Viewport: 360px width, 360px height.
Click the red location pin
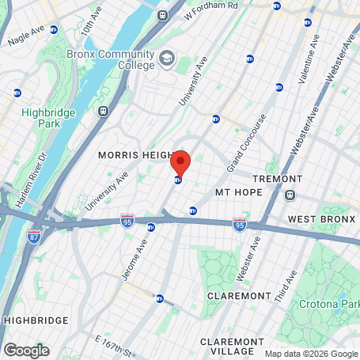(180, 161)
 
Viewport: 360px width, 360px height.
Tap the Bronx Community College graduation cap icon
(167, 58)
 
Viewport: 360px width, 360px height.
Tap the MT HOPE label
(237, 192)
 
